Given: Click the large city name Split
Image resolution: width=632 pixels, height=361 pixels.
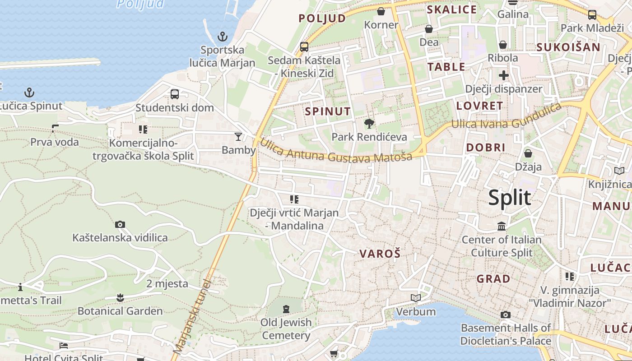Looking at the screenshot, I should pyautogui.click(x=510, y=198).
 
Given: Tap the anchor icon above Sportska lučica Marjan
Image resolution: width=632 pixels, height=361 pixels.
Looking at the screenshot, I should pyautogui.click(x=222, y=36).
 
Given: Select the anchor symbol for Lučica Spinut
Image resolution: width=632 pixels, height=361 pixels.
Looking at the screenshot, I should pyautogui.click(x=29, y=93).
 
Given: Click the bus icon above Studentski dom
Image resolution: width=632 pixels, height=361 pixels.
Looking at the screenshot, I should pyautogui.click(x=175, y=94).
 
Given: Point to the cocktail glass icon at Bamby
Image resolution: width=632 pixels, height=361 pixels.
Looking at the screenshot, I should pyautogui.click(x=238, y=136).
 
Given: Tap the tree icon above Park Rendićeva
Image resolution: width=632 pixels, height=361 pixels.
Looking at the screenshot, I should pyautogui.click(x=369, y=123).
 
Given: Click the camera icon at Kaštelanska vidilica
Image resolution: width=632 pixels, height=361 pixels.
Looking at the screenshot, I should pyautogui.click(x=120, y=224).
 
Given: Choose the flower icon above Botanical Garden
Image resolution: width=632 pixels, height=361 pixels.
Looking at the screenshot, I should pyautogui.click(x=120, y=298).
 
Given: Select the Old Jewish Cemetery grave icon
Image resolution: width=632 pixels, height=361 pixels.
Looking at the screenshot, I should pyautogui.click(x=286, y=309).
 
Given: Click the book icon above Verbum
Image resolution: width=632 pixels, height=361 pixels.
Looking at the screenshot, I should pyautogui.click(x=416, y=298).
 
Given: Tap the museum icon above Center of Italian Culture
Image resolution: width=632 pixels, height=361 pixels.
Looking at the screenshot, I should pyautogui.click(x=502, y=226).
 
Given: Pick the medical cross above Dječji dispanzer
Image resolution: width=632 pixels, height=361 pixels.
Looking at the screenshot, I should pyautogui.click(x=504, y=75).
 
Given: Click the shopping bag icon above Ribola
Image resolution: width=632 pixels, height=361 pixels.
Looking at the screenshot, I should pyautogui.click(x=503, y=45).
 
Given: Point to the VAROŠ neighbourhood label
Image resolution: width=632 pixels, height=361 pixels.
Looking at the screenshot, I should pyautogui.click(x=380, y=254).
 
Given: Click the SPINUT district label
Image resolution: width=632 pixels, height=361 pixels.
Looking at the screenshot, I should pyautogui.click(x=328, y=111).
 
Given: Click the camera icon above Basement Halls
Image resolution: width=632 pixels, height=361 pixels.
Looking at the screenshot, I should pyautogui.click(x=506, y=315).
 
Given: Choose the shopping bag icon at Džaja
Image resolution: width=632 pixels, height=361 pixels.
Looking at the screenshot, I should pyautogui.click(x=528, y=154).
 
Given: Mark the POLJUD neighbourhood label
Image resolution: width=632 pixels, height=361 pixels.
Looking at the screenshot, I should pyautogui.click(x=322, y=19).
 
